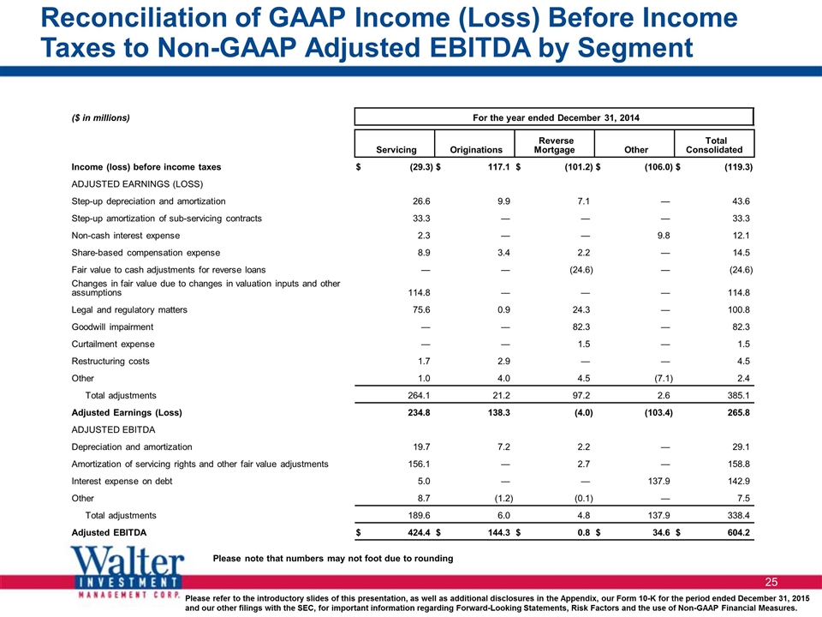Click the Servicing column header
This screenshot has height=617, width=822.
click(396, 149)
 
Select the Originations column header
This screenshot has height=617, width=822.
click(476, 149)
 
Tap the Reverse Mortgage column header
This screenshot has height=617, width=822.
click(555, 145)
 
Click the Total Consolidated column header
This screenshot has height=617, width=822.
click(714, 145)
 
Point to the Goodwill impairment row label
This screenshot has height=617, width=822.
click(112, 326)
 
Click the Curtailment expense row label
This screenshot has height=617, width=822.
click(113, 344)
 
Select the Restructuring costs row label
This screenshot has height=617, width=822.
click(110, 361)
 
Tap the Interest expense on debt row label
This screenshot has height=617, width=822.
click(122, 481)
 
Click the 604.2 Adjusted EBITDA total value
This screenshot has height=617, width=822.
click(738, 532)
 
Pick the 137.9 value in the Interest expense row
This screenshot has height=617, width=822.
click(659, 481)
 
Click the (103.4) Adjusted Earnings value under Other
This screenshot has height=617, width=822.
click(658, 412)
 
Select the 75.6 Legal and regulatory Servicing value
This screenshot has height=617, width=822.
click(421, 309)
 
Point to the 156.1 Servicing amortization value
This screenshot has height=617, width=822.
click(419, 464)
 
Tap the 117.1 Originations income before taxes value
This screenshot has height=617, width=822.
click(498, 167)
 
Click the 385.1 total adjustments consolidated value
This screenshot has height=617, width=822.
click(739, 396)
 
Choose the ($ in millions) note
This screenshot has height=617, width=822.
click(101, 118)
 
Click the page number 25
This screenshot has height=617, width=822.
click(771, 582)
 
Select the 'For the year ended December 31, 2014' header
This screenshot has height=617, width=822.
click(556, 117)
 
